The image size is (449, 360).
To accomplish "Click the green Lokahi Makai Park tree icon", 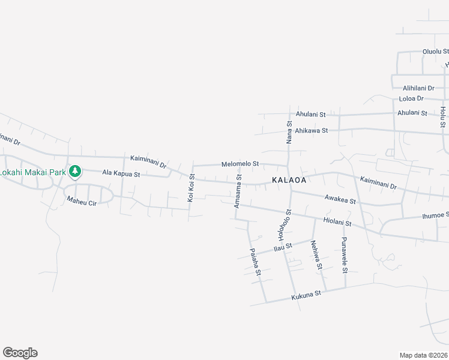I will coord(74,172).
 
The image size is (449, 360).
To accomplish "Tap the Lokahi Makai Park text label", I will coord(32,172).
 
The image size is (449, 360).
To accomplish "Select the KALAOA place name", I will coord(289,180).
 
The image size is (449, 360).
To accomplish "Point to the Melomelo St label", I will coord(240,163).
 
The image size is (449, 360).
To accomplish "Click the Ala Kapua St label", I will coord(121,174).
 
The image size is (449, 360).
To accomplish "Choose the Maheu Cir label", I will coord(82,202).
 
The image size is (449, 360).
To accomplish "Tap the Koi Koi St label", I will coord(192,187).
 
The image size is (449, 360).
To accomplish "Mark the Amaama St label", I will coord(238,191).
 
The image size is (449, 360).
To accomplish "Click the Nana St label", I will coord(289,131).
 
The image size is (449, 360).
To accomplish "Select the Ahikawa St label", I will coord(312,130).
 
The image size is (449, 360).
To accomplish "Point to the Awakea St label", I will coord(340,198).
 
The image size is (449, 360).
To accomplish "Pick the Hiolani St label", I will coord(337,222).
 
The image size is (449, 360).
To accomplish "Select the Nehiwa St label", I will coord(316,254).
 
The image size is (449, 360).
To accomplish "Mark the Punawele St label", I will coord(345,254).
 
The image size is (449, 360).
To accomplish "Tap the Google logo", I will coord(20,353).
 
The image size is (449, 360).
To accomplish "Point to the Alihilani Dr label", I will coord(419,88).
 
